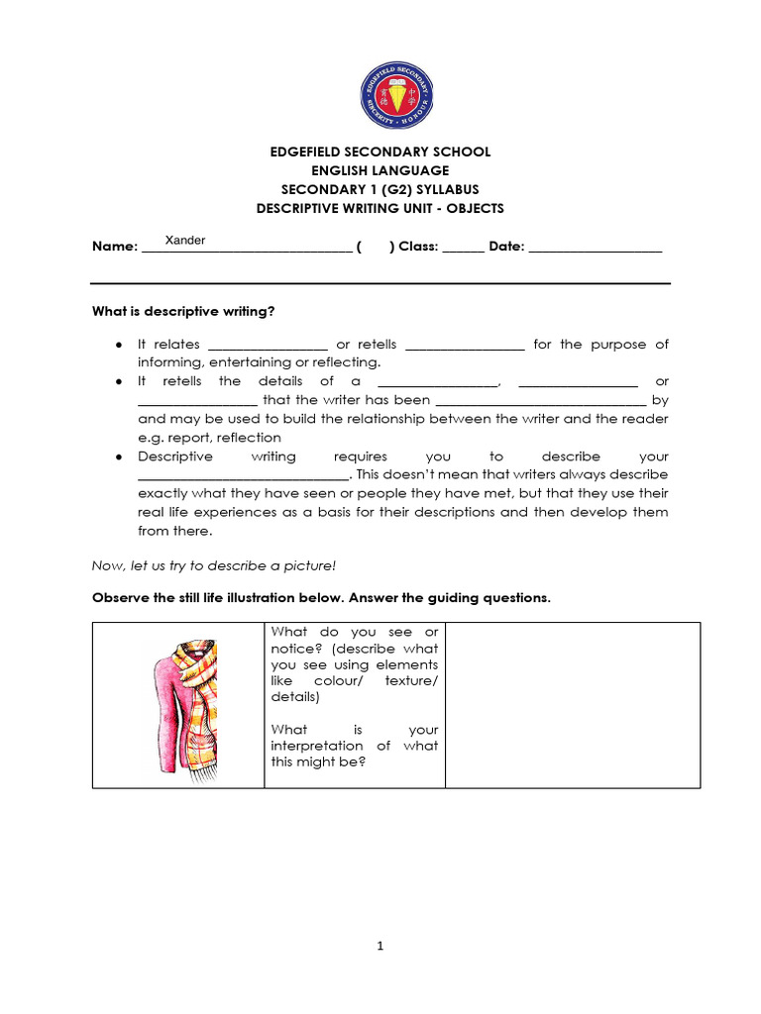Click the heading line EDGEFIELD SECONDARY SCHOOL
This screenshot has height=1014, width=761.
coord(380,152)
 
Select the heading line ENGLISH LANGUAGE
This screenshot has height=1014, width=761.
coord(380,170)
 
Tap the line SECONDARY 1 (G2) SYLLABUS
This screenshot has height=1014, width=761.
coord(380,189)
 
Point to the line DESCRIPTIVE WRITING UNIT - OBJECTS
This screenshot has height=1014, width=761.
coord(380,208)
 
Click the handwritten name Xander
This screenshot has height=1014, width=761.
coord(185,241)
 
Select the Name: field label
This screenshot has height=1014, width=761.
coord(114,247)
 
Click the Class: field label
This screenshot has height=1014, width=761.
coord(418,247)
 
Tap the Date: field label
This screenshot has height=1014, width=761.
coord(506,247)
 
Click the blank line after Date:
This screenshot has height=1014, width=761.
coord(596,250)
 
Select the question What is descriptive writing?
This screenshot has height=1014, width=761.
coord(183,312)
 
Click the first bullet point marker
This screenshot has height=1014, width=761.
coord(119,345)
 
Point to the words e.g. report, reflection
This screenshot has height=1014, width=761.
coord(210,438)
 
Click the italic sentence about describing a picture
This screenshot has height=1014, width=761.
coord(214,565)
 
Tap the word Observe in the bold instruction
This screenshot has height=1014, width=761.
coord(120,598)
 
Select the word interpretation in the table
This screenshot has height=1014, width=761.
coord(316,746)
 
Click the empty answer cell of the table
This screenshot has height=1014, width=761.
coord(572,705)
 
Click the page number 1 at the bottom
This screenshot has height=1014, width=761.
coord(380,946)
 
